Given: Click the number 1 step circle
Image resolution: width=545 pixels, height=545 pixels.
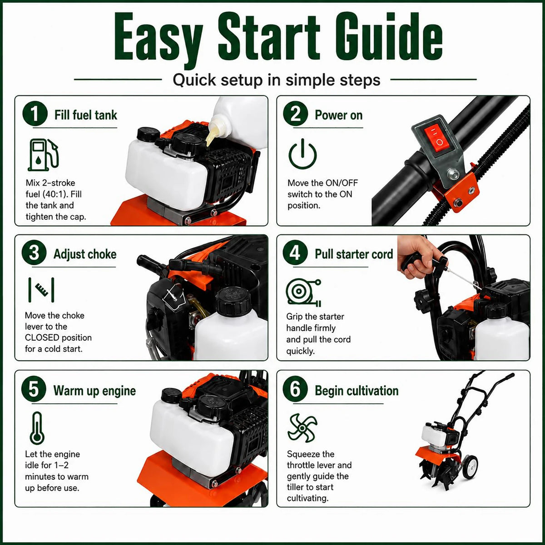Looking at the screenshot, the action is [35, 114].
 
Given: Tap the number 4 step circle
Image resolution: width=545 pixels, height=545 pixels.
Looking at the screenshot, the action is [295, 253].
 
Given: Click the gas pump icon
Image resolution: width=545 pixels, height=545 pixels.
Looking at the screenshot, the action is [43, 155].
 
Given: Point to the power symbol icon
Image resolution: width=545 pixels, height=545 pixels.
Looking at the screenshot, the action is [302, 154].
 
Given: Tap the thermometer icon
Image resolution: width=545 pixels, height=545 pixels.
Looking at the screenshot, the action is [37, 428].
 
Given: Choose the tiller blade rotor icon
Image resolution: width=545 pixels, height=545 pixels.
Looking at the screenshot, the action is [302, 428].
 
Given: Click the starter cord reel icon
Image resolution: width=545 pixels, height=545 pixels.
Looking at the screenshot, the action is [303, 292].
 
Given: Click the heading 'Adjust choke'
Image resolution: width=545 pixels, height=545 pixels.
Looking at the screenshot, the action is [85, 254].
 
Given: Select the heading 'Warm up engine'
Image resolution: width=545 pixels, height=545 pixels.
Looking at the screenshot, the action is [95, 391].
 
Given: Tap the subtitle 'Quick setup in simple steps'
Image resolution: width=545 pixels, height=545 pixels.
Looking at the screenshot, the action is [276, 80].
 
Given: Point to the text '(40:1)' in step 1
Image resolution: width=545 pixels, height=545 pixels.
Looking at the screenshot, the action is [53, 194].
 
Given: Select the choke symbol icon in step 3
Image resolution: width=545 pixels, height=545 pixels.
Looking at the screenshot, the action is [41, 290].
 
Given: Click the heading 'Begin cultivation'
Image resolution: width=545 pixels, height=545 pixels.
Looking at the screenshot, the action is [357, 391].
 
